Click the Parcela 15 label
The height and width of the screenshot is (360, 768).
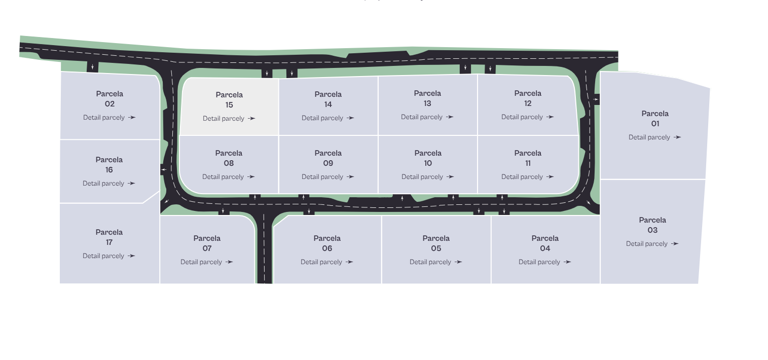[229, 100]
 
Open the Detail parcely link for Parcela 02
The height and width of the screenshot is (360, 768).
[109, 118]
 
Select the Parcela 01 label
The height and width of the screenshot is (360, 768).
[655, 119]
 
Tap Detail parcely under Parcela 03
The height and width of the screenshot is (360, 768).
[652, 244]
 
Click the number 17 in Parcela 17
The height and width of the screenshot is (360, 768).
[109, 242]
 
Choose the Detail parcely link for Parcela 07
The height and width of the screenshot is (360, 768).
[207, 262]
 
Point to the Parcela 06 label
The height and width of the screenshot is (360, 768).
[327, 243]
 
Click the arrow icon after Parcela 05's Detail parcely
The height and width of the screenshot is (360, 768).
[458, 262]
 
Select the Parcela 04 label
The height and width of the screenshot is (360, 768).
[545, 243]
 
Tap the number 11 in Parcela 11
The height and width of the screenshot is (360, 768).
[528, 163]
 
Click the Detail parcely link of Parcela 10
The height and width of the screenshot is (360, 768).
[427, 177]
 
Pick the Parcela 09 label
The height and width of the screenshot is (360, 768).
[328, 158]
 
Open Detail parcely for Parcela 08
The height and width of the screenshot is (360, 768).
[228, 177]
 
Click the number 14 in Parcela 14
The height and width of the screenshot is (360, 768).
[328, 104]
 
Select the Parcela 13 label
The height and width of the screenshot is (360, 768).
[427, 98]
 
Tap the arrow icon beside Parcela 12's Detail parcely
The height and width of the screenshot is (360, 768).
[550, 117]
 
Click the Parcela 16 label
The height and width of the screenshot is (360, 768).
[109, 165]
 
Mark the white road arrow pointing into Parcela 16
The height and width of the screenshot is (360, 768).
[164, 169]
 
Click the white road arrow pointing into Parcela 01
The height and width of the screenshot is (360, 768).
[596, 99]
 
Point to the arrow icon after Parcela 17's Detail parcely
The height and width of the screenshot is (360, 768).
[132, 256]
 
